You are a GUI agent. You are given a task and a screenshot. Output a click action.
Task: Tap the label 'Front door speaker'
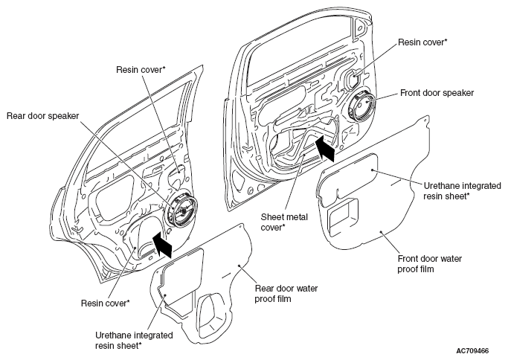pos(437,93)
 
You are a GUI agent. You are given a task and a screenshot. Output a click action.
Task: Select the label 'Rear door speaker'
pos(42,116)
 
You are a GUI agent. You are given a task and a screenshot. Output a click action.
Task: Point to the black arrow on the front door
pos(326,148)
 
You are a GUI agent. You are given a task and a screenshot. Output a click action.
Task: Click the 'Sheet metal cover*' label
pos(284,222)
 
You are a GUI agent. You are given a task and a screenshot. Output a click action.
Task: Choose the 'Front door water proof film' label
pos(430,264)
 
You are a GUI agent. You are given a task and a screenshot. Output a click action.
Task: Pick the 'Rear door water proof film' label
pos(286,293)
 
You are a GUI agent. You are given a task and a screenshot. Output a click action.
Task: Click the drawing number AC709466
pos(472,351)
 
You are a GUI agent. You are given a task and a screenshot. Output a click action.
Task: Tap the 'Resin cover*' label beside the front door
pos(422,42)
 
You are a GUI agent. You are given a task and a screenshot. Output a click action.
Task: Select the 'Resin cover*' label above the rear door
pos(141,70)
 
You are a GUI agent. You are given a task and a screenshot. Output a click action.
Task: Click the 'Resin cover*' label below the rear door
pos(106,303)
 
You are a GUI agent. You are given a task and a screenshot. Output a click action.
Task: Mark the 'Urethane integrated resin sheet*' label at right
pos(463,191)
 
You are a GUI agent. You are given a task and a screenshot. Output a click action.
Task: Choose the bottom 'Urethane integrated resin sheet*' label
pos(134,340)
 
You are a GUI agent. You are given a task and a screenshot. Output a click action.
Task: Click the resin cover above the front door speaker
pos(352,78)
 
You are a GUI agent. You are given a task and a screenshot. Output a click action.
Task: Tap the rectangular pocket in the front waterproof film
pos(343,216)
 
